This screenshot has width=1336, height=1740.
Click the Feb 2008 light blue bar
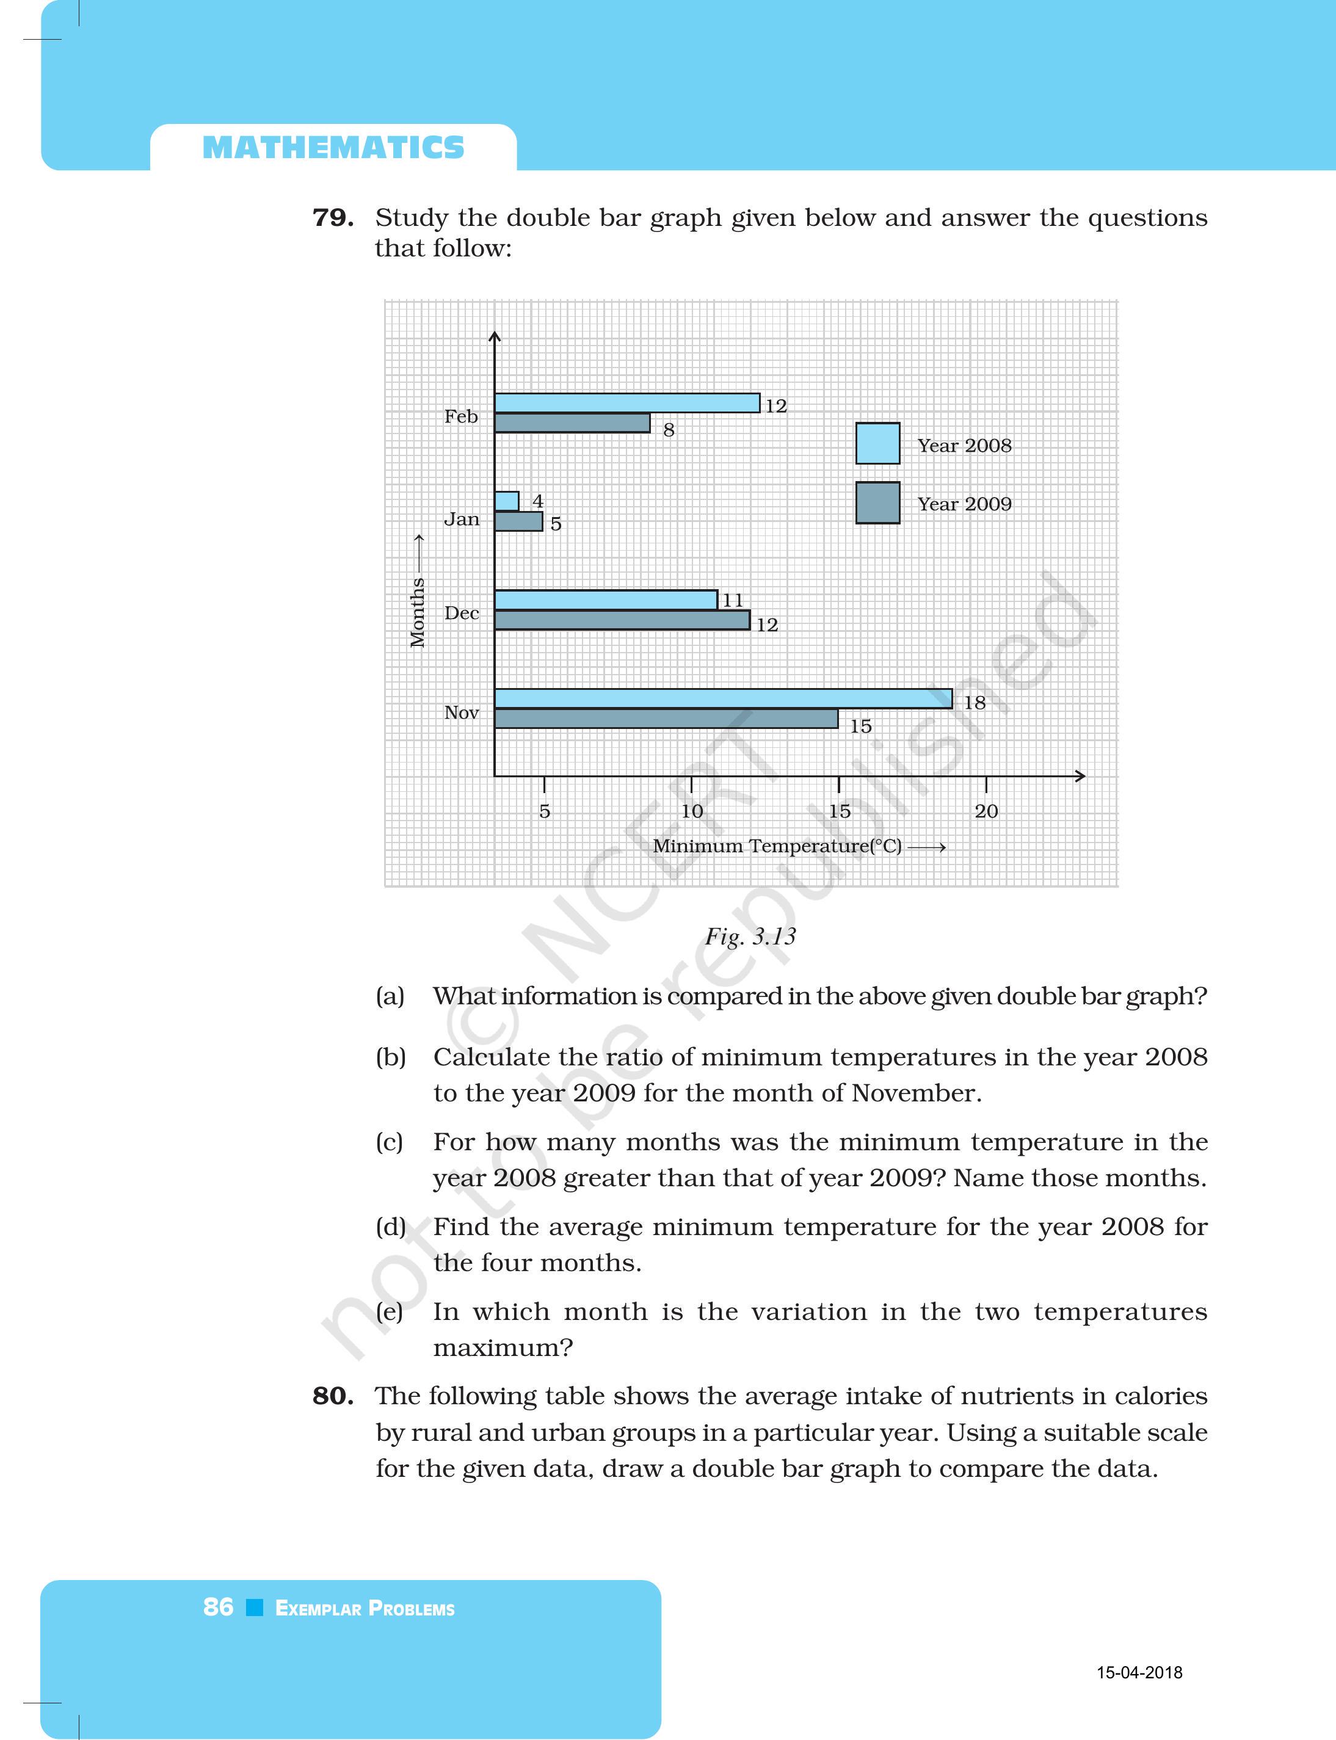tap(626, 403)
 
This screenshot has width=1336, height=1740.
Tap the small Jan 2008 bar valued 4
tap(507, 501)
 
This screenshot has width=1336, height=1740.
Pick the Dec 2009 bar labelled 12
tap(622, 620)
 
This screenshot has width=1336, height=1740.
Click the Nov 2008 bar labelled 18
tap(723, 699)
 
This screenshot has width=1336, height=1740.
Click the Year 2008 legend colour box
tap(877, 444)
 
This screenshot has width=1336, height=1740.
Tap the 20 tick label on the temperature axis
tap(986, 811)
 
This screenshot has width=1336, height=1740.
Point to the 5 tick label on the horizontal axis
tap(545, 811)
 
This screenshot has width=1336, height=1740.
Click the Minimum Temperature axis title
tap(777, 846)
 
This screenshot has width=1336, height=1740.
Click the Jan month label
tap(461, 520)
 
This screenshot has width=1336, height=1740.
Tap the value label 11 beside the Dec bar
tap(732, 600)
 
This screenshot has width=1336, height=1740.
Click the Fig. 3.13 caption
tap(750, 936)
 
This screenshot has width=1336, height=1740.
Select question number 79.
tap(332, 217)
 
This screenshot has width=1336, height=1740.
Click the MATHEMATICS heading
tap(333, 148)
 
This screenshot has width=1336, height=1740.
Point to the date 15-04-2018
tap(1139, 1672)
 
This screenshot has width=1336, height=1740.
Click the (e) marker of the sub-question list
tap(390, 1311)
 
